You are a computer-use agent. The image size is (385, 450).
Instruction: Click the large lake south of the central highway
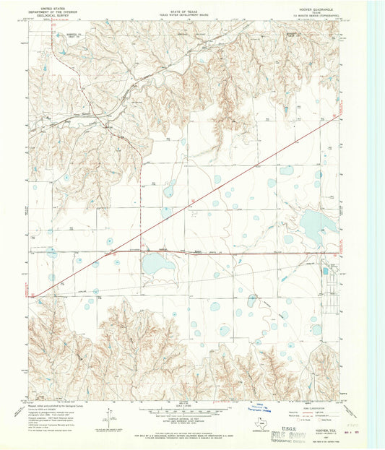pos(158,264)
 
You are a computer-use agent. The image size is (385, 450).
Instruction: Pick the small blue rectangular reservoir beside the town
pos(324,271)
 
